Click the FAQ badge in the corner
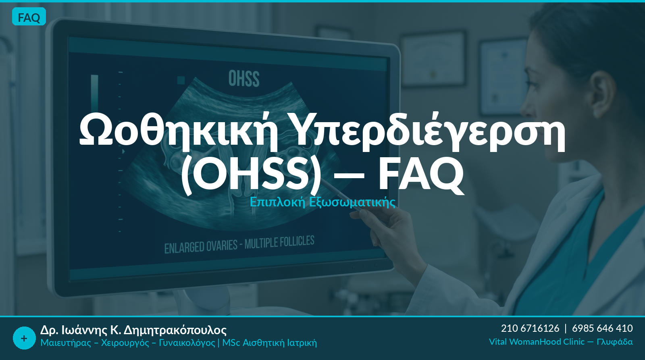[x=29, y=17]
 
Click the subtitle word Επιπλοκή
[x=277, y=202]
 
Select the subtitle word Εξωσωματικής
[x=352, y=202]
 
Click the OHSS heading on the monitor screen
[x=244, y=79]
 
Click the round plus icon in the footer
[x=24, y=338]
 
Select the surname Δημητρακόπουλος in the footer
[x=175, y=330]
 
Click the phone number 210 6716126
[x=530, y=328]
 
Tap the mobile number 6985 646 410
[x=602, y=328]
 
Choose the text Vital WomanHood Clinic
[x=537, y=342]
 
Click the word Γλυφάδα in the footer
[x=615, y=342]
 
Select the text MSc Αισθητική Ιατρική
[x=270, y=343]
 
